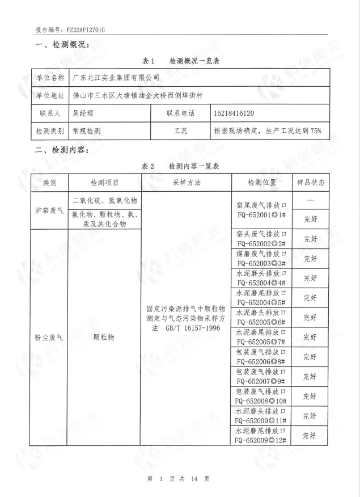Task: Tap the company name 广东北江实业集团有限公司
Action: click(116, 77)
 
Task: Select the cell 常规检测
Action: click(87, 131)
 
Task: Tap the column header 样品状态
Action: click(310, 182)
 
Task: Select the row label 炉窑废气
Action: click(50, 210)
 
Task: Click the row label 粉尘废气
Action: click(50, 337)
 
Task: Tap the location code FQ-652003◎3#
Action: click(263, 263)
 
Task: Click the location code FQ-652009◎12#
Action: click(263, 440)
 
